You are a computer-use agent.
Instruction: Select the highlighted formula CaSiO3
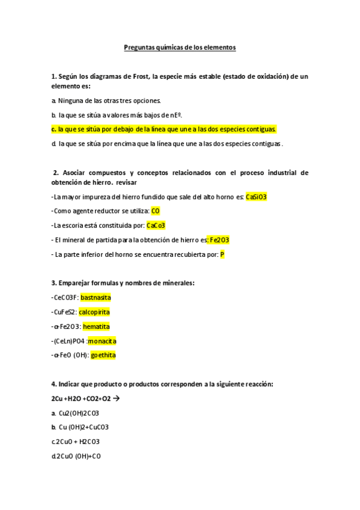click(256, 197)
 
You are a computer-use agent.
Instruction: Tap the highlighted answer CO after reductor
click(156, 211)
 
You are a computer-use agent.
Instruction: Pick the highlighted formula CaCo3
click(156, 226)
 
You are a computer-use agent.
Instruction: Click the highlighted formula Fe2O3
click(219, 240)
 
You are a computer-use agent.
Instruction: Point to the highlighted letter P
click(222, 254)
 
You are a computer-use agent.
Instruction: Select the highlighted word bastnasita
click(96, 298)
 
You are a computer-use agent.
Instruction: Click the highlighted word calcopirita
click(94, 312)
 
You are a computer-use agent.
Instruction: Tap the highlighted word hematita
click(96, 327)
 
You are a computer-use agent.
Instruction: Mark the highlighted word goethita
click(103, 355)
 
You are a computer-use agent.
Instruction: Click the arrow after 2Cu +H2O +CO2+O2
click(117, 399)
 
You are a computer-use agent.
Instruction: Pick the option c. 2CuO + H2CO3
click(76, 442)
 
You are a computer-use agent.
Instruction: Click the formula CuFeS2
click(64, 312)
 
